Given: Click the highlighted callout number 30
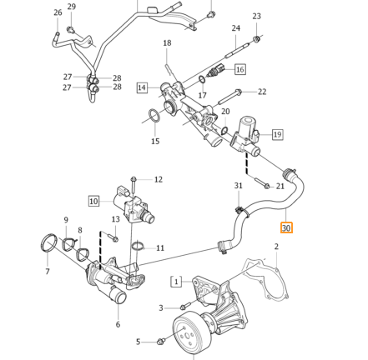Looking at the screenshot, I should [x=286, y=227].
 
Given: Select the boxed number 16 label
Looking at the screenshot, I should [x=240, y=69].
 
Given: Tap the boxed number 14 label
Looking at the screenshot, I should [x=142, y=87].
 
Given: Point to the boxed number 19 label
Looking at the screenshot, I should [x=277, y=134].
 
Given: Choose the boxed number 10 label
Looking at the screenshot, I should [x=93, y=201].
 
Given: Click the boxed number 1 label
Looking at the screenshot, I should [x=176, y=282].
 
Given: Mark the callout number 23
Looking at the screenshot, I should [x=256, y=16].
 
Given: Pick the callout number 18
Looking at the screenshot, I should [x=167, y=43].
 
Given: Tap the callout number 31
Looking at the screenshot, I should [x=239, y=186].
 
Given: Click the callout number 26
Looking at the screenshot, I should [x=58, y=12].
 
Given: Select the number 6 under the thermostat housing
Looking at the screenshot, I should [x=118, y=324].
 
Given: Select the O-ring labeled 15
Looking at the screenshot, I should [x=155, y=117].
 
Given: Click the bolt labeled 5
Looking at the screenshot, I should [x=161, y=341].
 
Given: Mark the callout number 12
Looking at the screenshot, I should [x=159, y=179].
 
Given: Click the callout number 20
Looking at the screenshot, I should [x=225, y=112].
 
